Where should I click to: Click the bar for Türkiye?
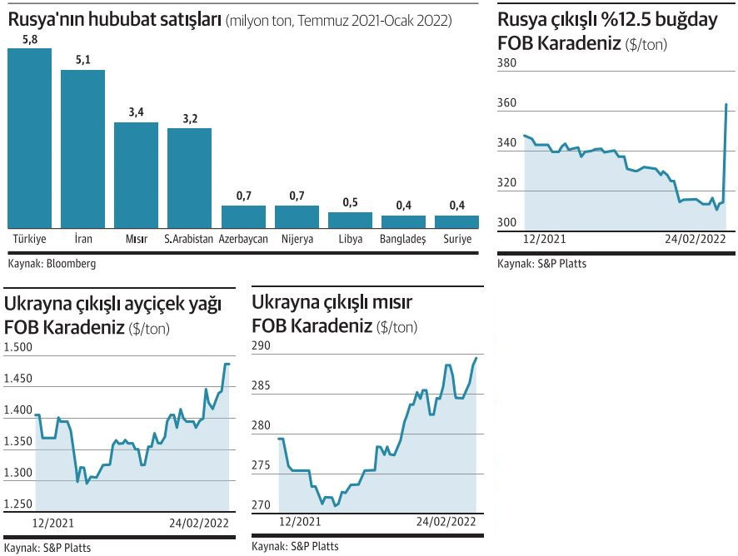click(x=29, y=137)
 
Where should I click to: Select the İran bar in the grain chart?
click(x=82, y=148)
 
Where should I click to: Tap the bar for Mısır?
click(x=136, y=175)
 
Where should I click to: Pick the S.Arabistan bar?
click(x=189, y=178)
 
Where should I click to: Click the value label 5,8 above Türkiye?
click(x=29, y=39)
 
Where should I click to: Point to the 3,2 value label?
click(x=190, y=119)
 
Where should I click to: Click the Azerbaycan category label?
click(x=243, y=239)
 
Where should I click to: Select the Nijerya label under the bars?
click(x=297, y=239)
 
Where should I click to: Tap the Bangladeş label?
click(x=402, y=239)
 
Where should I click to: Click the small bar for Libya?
click(x=350, y=220)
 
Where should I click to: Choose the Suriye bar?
click(x=456, y=221)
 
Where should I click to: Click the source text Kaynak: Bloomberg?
click(x=52, y=263)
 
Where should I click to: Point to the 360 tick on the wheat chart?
click(x=507, y=104)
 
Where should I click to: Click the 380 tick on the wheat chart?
click(x=507, y=62)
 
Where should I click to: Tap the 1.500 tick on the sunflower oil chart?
click(x=18, y=347)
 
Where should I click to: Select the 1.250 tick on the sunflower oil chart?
click(x=18, y=504)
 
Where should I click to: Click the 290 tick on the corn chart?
click(x=262, y=346)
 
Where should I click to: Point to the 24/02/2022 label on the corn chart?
click(x=446, y=521)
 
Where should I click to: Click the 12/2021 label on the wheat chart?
click(x=543, y=238)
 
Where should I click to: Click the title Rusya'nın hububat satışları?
click(x=114, y=17)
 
